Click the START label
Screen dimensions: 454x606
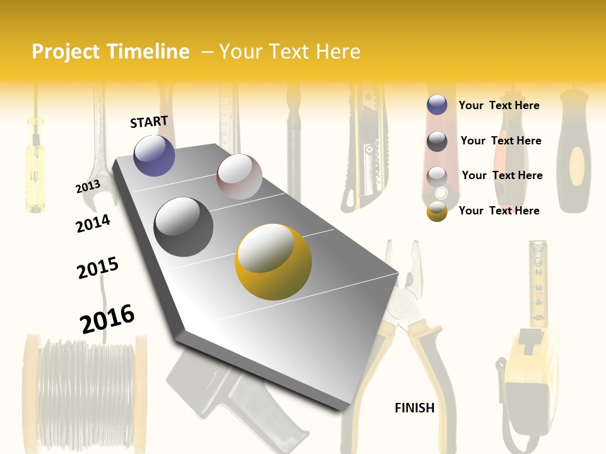click(x=149, y=122)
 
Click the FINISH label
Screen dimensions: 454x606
click(x=415, y=408)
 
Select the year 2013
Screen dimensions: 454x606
click(x=88, y=186)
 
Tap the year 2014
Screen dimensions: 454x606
click(x=93, y=223)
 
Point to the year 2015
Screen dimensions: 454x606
click(x=98, y=268)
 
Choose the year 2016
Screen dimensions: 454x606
click(x=107, y=318)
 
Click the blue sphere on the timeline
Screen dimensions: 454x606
click(x=155, y=155)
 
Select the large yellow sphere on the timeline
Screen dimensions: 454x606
click(x=273, y=262)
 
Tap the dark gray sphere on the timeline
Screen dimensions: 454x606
click(x=184, y=227)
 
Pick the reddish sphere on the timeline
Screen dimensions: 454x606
click(x=239, y=177)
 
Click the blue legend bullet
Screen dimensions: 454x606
click(x=437, y=105)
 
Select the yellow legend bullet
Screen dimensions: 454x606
click(x=437, y=211)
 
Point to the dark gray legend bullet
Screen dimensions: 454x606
click(x=437, y=141)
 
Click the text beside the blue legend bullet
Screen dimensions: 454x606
click(x=499, y=105)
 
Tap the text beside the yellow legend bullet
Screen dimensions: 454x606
click(x=499, y=211)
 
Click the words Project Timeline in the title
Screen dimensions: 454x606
click(x=110, y=52)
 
